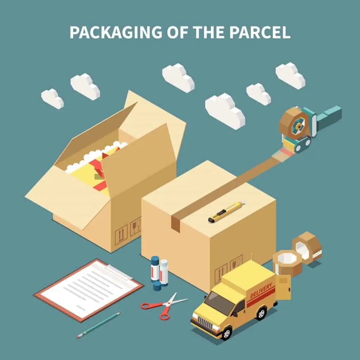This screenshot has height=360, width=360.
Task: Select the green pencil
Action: coord(98,325)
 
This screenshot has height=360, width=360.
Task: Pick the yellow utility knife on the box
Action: coord(225,212)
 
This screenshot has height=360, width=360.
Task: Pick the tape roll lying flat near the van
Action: coord(287,262)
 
